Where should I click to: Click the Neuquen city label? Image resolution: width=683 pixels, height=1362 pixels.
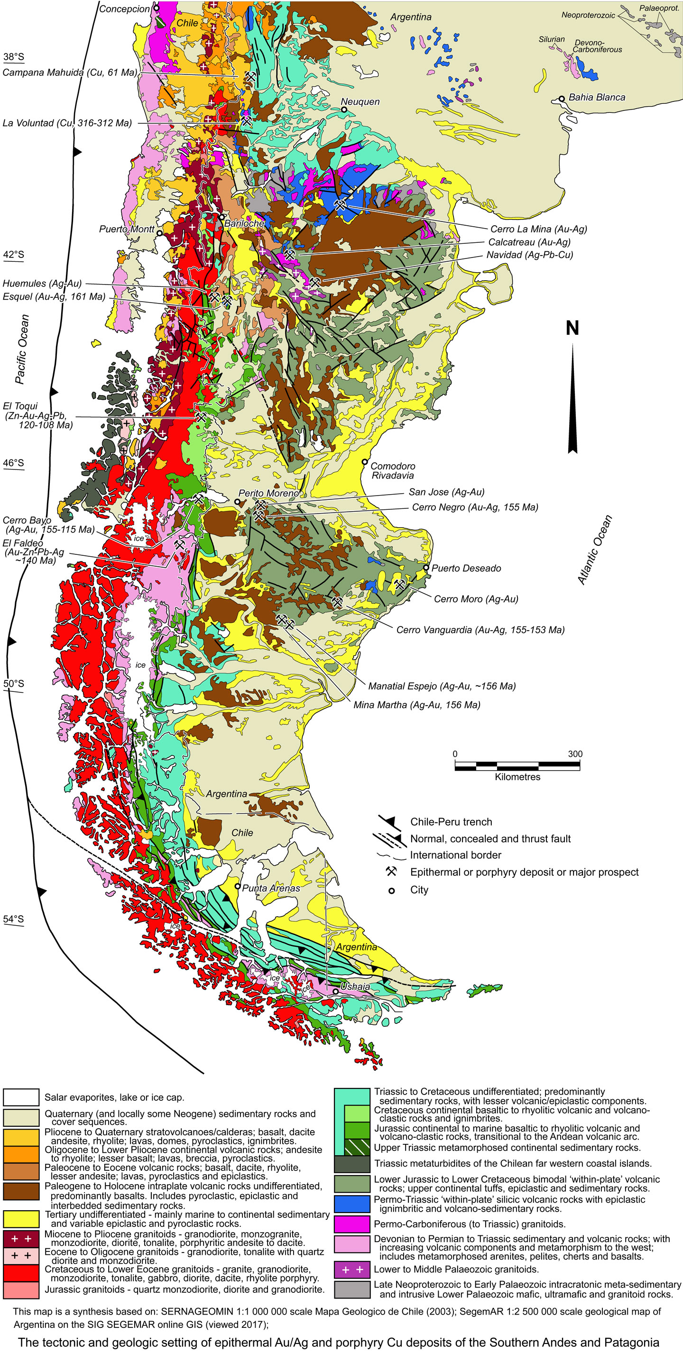pos(360,101)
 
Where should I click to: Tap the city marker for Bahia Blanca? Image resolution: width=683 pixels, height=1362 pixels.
pos(562,99)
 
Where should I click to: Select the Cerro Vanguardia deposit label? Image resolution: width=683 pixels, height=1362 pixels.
pos(480,630)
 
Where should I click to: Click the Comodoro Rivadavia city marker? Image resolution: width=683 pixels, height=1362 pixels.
pos(364,461)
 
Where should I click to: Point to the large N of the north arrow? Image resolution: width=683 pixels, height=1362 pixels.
pos(572,328)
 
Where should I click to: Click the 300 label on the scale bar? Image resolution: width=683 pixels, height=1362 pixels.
pos(575,754)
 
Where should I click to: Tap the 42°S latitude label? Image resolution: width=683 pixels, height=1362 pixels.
pos(14,254)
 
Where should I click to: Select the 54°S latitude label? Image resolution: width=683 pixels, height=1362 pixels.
pos(14,919)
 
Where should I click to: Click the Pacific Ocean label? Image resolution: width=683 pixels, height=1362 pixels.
pos(22,349)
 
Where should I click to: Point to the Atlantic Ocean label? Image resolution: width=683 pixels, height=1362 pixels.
pos(595,550)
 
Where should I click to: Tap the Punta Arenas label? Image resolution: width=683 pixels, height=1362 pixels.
pos(271,888)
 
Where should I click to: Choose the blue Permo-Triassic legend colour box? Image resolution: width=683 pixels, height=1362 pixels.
pos(352,1204)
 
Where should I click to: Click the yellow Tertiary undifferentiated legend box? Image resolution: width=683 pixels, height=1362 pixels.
pos(21,1219)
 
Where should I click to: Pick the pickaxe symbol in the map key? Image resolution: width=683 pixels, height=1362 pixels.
pos(391,871)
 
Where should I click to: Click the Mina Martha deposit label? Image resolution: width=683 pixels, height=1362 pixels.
pos(416,705)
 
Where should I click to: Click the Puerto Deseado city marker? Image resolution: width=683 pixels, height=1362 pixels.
pos(426,567)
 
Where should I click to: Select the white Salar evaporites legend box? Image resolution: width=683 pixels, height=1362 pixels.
pos(21,1097)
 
